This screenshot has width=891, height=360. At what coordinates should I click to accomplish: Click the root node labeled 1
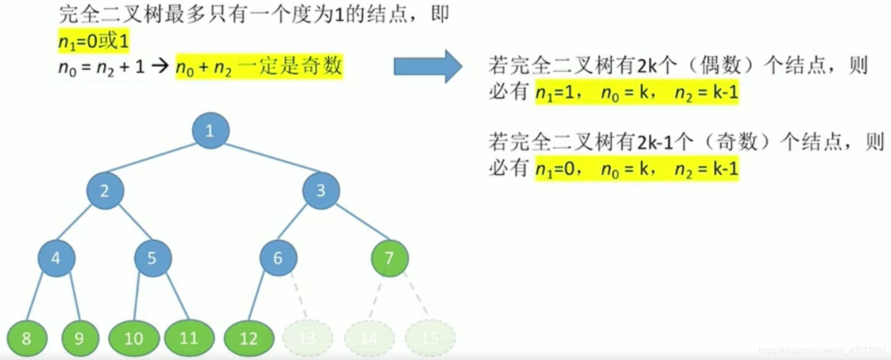210,130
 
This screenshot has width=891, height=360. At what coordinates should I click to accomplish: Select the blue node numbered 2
105,190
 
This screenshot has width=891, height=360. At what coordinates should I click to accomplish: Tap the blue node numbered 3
321,190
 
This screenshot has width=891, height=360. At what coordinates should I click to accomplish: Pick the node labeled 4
56,258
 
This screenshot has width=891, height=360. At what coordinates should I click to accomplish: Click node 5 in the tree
152,258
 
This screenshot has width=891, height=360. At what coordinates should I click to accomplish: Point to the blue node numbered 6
278,258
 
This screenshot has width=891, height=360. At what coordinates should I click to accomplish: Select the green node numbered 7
389,258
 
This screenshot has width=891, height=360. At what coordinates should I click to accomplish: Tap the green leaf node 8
27,339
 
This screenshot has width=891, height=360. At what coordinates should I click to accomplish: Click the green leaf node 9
80,339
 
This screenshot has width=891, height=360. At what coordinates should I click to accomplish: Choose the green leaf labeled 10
134,339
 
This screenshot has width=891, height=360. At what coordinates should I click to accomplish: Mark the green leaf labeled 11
189,339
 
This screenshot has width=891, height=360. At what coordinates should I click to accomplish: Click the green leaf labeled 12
249,339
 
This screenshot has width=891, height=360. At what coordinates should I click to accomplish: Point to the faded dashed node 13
308,339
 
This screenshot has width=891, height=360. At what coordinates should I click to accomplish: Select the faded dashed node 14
369,339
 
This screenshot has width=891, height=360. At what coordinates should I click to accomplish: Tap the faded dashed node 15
430,339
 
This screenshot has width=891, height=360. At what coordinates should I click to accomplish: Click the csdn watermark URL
821,351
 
